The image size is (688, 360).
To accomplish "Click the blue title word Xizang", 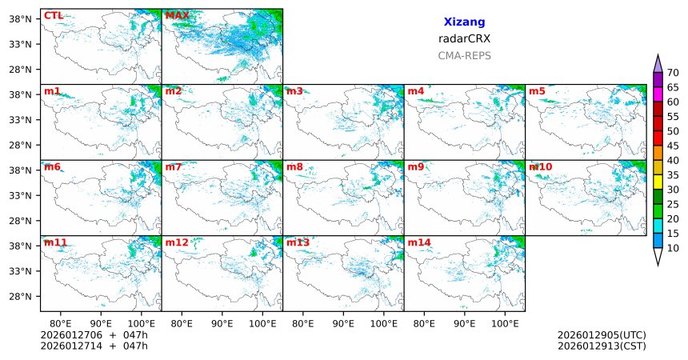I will (x=464, y=22).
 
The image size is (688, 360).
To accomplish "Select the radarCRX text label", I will (x=464, y=38).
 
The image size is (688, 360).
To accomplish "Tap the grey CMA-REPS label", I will (x=464, y=56).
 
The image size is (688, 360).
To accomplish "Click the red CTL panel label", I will (x=54, y=15).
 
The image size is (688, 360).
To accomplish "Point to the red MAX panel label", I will (x=177, y=15).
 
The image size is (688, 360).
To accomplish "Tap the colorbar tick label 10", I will (x=674, y=249).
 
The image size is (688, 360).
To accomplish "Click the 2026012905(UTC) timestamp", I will (x=602, y=334).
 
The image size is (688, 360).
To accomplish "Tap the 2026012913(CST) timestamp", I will (x=602, y=346).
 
